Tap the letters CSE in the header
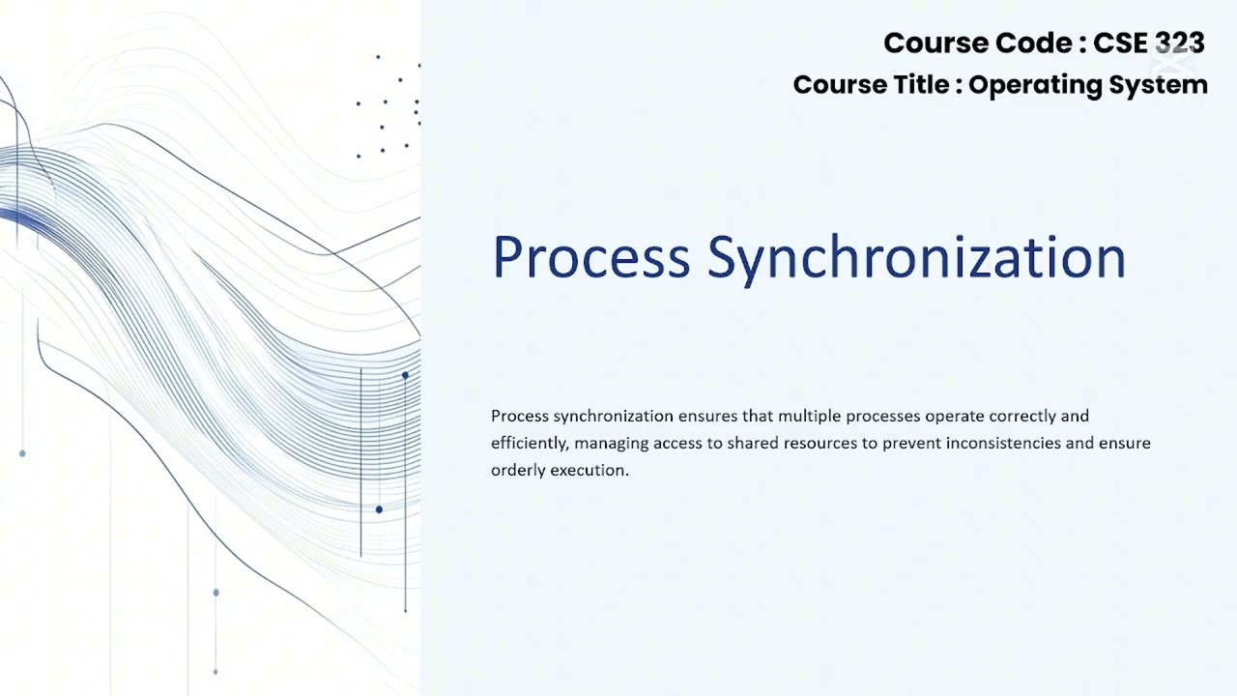point(1121,43)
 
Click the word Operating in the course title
point(1035,85)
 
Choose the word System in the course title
point(1159,85)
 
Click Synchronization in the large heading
point(916,258)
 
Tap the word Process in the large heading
point(590,258)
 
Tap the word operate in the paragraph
point(957,417)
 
